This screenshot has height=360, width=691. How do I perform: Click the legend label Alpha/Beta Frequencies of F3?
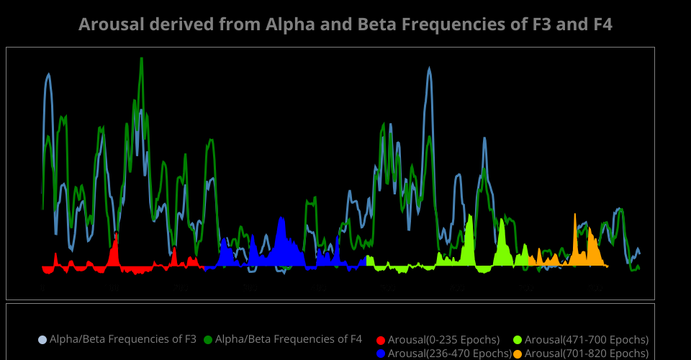tap(123, 339)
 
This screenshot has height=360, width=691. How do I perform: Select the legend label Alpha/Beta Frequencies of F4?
tap(289, 339)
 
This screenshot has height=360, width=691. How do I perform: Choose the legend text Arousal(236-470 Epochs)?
tap(450, 353)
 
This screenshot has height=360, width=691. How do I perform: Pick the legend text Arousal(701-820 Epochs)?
tap(587, 353)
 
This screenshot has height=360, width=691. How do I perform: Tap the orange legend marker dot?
tap(518, 353)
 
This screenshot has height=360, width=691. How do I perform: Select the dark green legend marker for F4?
tap(208, 339)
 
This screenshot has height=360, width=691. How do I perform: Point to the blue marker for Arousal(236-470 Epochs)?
tap(381, 353)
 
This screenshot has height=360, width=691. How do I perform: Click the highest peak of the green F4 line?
tap(142, 59)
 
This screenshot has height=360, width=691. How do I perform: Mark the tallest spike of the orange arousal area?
tap(574, 215)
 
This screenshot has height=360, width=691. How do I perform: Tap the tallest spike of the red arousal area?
tap(116, 234)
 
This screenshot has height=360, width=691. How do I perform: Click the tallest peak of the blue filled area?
tap(281, 217)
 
